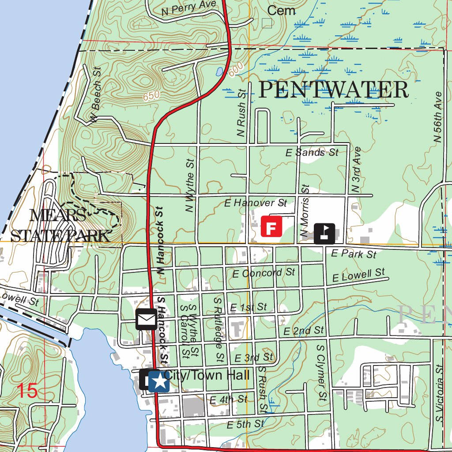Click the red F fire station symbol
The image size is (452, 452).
pos(271,226)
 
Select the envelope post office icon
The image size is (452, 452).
pos(146,320)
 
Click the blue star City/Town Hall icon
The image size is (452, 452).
pos(158,381)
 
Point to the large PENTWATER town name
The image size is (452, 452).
pos(333,90)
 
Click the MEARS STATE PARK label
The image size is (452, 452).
pos(60,226)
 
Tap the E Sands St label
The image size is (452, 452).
pos(312,153)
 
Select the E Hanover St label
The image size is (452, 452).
pos(256,203)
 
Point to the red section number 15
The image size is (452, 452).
pos(27,391)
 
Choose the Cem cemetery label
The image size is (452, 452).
pos(281,11)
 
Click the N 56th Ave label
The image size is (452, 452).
pos(437,117)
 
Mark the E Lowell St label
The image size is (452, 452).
pos(358,275)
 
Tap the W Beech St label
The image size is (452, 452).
pos(95,94)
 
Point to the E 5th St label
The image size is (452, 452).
pos(245,425)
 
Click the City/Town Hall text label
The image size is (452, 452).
pos(207,376)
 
